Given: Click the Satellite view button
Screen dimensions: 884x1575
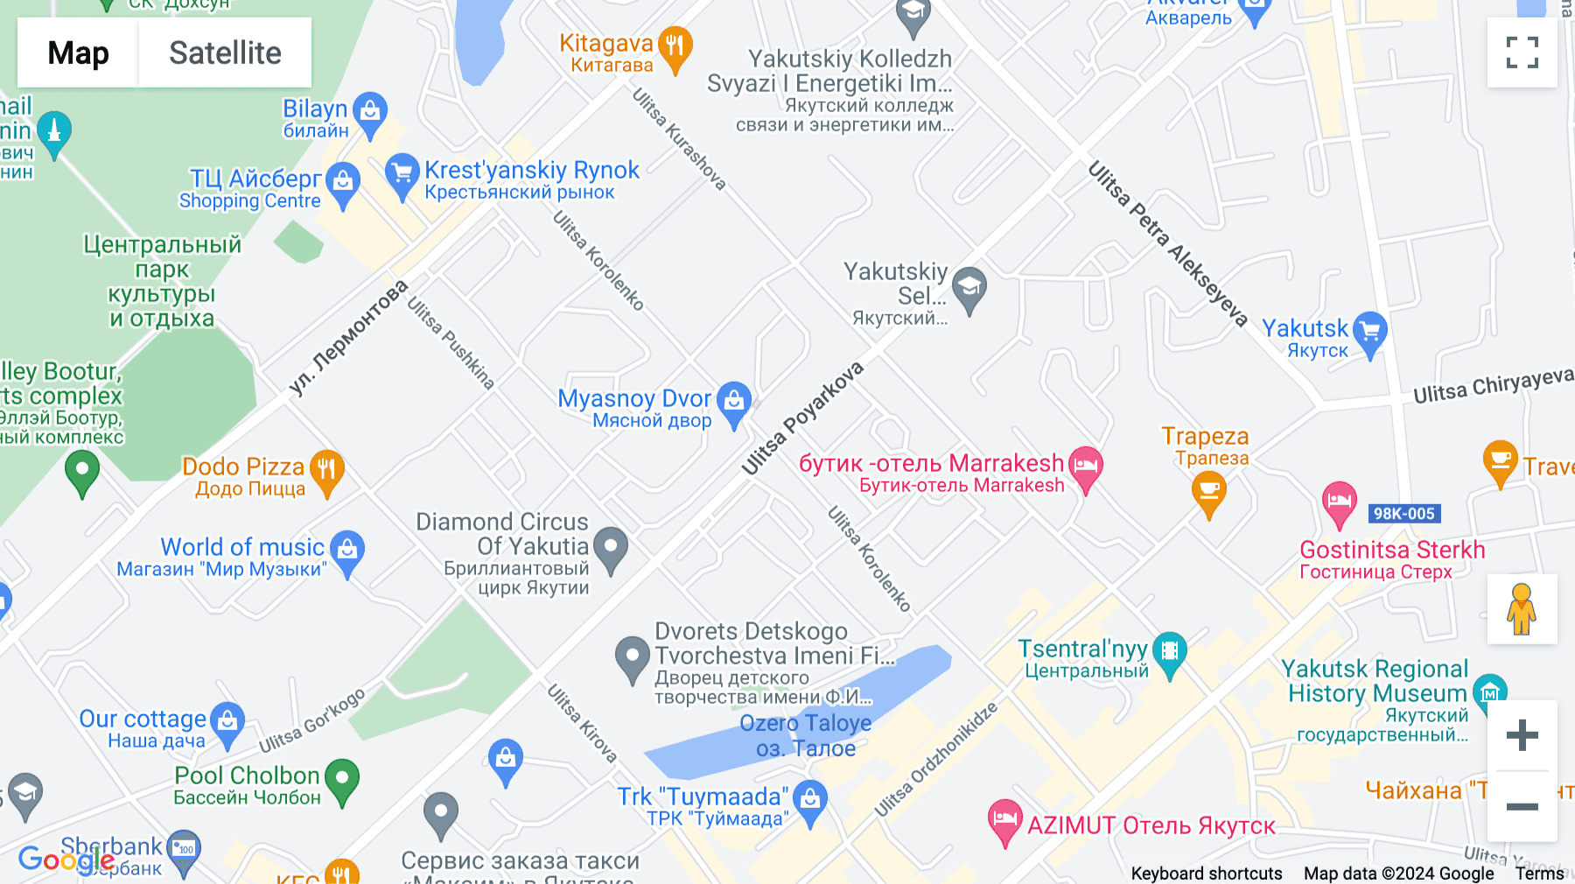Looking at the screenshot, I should coord(225,53).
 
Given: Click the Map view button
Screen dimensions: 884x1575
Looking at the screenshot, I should coord(78,53).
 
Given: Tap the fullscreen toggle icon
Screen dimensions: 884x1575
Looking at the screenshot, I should coord(1522,53).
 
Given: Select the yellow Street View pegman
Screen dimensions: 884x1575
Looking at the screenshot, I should coord(1522,609).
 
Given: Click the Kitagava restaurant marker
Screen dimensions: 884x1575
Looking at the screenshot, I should coord(675,46).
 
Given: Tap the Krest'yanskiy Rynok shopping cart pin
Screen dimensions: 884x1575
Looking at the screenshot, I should coord(402,173).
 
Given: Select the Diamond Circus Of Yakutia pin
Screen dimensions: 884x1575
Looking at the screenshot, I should coord(611,548).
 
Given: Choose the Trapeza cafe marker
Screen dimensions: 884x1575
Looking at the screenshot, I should coord(1209,491).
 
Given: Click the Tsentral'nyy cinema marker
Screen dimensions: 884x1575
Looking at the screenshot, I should coord(1170,652).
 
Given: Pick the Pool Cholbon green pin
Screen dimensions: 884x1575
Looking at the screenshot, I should coord(342,778).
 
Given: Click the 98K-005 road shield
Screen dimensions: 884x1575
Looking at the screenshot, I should coord(1403,514).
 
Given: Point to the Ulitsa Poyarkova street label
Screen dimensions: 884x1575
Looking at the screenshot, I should coord(802,418).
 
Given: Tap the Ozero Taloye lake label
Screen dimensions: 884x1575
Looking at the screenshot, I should coord(806,735).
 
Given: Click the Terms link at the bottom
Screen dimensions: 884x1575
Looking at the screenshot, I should coord(1539,873).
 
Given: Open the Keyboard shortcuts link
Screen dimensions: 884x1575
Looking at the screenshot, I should coord(1206,873).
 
